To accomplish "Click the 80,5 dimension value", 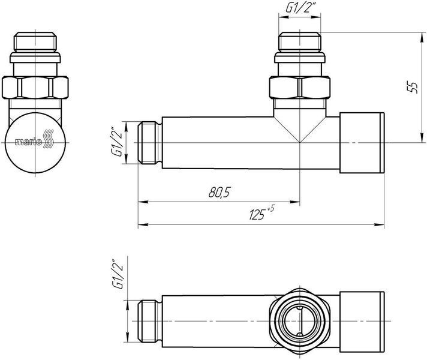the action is coord(219,193).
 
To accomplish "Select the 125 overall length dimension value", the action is coord(257,214).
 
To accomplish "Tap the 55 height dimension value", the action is coord(413,87).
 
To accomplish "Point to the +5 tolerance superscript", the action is coord(270,209).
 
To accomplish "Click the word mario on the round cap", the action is coord(28,142).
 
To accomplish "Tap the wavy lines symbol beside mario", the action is coord(49,139).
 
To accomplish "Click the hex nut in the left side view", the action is coord(35,88).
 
